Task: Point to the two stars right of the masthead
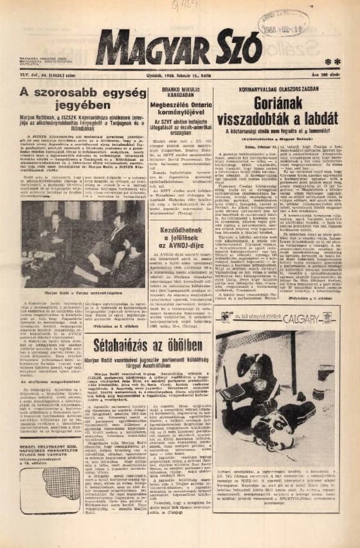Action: pos(332,62)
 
